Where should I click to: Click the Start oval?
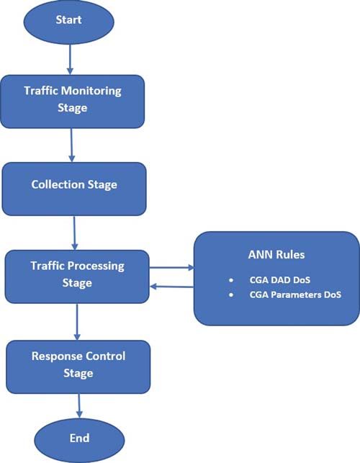69,22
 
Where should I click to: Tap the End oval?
79,440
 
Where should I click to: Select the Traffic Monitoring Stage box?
72,102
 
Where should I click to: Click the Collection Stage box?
74,189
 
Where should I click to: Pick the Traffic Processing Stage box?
77,277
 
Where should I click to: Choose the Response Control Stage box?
78,367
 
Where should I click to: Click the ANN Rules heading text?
276,254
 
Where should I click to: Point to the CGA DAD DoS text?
280,280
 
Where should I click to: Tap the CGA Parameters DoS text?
295,295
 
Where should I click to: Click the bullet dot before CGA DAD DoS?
231,280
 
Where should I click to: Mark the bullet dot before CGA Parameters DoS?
231,295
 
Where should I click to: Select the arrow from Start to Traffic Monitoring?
70,59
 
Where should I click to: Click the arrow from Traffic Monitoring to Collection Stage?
71,145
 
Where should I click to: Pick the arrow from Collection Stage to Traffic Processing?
74,233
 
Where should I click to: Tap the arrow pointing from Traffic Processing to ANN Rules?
172,268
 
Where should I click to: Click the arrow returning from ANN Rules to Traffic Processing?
171,287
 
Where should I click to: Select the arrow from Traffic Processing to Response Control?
77,322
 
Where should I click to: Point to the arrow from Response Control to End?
79,406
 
